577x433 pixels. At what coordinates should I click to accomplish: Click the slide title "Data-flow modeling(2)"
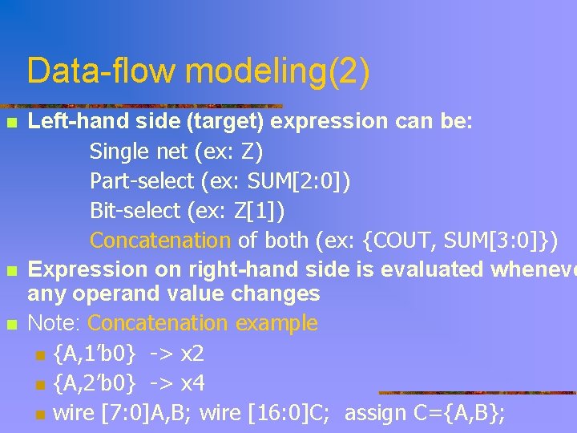click(198, 71)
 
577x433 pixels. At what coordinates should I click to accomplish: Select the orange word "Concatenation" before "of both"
click(159, 240)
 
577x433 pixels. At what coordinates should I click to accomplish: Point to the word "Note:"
click(55, 323)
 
